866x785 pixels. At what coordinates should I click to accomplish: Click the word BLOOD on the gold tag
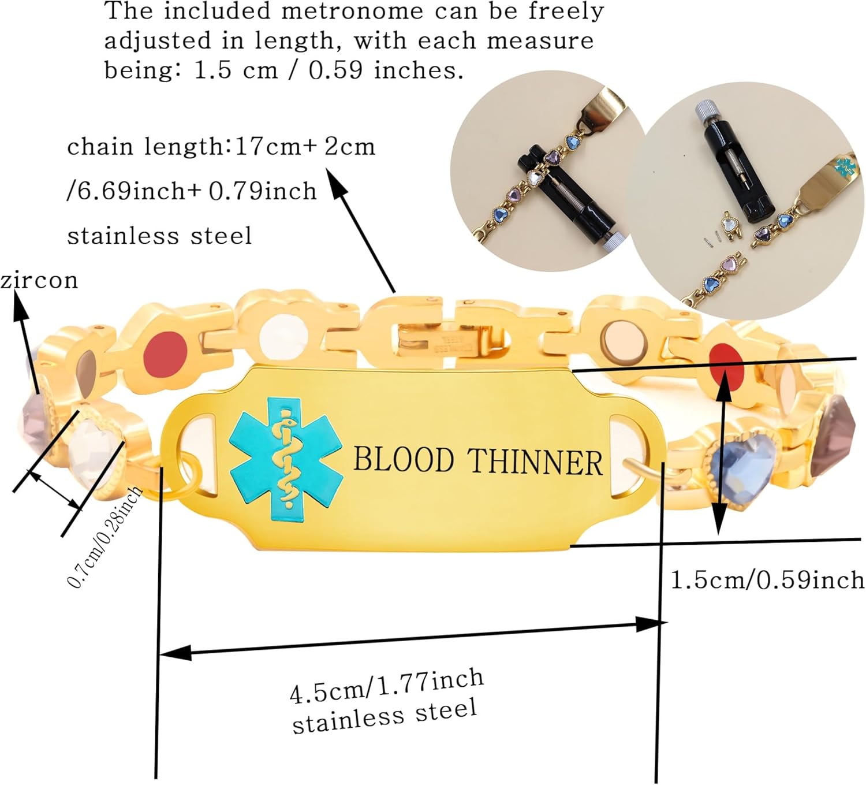[x=403, y=460]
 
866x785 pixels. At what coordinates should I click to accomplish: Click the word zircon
[x=39, y=281]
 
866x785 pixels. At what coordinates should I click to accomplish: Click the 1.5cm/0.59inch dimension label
[x=767, y=580]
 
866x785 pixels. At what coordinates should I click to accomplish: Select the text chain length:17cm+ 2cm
[x=221, y=147]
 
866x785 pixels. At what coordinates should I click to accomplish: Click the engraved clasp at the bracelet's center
[x=450, y=344]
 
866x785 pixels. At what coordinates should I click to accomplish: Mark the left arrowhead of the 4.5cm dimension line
[x=173, y=653]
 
